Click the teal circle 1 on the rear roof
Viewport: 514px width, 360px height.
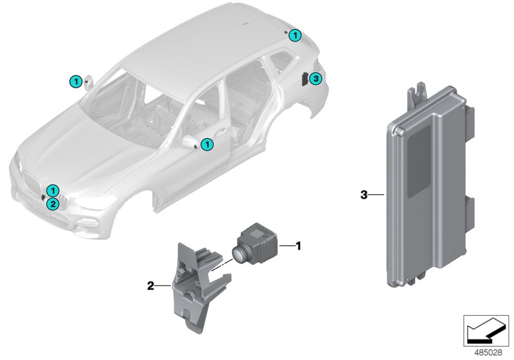click(x=294, y=35)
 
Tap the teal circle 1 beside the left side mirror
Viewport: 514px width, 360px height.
click(x=75, y=81)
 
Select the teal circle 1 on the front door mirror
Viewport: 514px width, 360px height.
click(x=206, y=145)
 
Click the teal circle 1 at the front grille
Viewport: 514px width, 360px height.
click(x=53, y=190)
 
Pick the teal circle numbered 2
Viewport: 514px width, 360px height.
click(x=53, y=203)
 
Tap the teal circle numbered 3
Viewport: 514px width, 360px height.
click(x=314, y=79)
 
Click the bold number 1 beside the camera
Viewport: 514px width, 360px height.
click(x=297, y=245)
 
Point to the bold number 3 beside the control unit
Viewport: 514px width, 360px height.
click(x=363, y=194)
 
